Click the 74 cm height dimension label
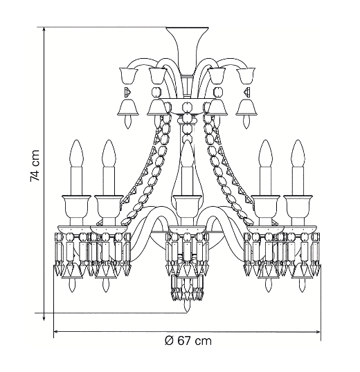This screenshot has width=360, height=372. click(35, 166)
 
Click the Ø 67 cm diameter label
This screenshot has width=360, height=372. click(188, 341)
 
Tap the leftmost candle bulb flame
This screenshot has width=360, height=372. click(76, 154)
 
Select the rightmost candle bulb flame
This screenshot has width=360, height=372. click(298, 154)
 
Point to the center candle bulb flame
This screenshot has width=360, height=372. click(187, 154)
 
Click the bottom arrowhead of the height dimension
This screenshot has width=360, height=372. click(44, 317)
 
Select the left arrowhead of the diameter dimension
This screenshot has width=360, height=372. click(57, 331)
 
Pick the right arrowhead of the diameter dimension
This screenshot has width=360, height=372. click(317, 331)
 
